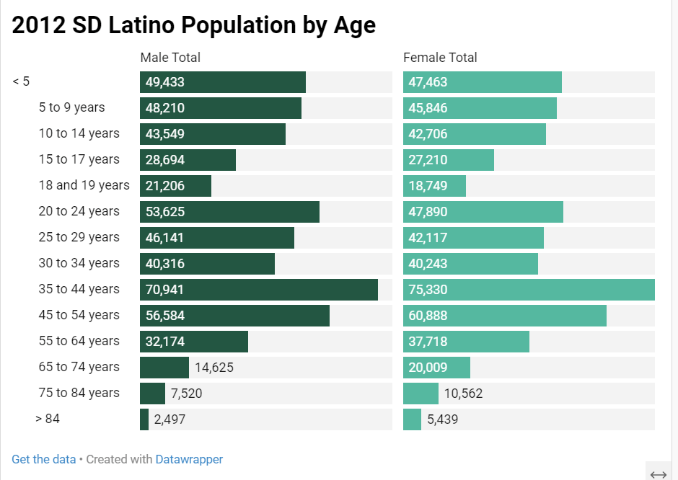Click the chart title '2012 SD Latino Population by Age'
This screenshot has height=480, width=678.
pyautogui.click(x=193, y=25)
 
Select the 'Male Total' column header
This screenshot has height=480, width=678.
pyautogui.click(x=170, y=58)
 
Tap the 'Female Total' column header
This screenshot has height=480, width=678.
pyautogui.click(x=440, y=58)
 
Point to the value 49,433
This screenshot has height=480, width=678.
pyautogui.click(x=165, y=82)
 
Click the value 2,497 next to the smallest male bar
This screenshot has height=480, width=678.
pyautogui.click(x=169, y=419)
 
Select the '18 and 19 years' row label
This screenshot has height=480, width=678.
pyautogui.click(x=84, y=186)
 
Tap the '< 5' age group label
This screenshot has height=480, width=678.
pyautogui.click(x=21, y=82)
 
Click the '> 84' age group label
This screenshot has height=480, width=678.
pyautogui.click(x=48, y=419)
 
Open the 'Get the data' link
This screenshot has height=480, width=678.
pyautogui.click(x=43, y=459)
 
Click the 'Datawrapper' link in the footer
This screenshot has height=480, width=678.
pyautogui.click(x=189, y=459)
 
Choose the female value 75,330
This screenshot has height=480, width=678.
pyautogui.click(x=428, y=290)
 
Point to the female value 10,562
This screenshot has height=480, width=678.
pyautogui.click(x=463, y=394)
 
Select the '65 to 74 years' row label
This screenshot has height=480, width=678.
pyautogui.click(x=79, y=368)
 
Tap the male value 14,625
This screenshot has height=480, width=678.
pyautogui.click(x=214, y=368)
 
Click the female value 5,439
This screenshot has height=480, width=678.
pyautogui.click(x=442, y=419)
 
